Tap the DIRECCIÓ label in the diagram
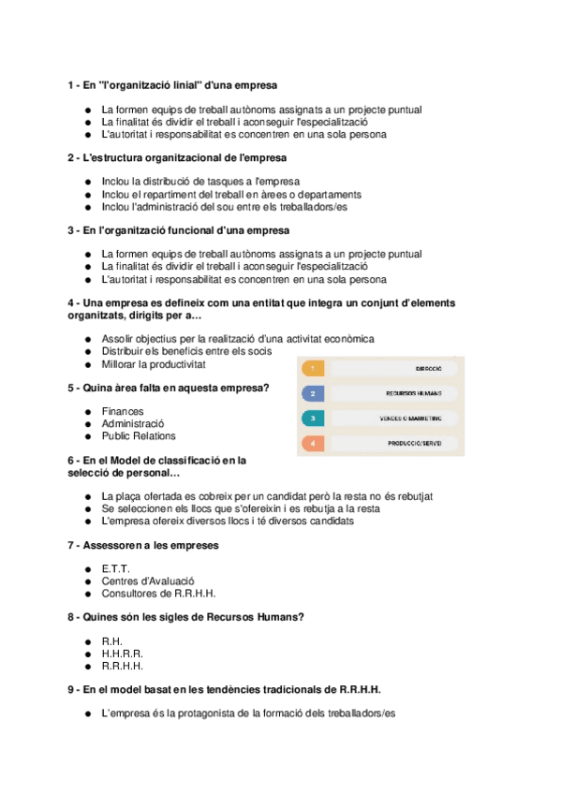click(429, 369)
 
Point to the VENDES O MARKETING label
click(405, 418)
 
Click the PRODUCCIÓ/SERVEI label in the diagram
click(415, 442)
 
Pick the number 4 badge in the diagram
click(314, 442)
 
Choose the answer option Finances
click(123, 411)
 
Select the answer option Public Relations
click(139, 435)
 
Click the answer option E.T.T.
click(115, 568)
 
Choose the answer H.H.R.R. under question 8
click(122, 654)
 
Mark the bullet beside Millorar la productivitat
click(87, 364)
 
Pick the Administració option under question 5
click(133, 423)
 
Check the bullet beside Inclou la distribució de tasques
click(87, 182)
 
